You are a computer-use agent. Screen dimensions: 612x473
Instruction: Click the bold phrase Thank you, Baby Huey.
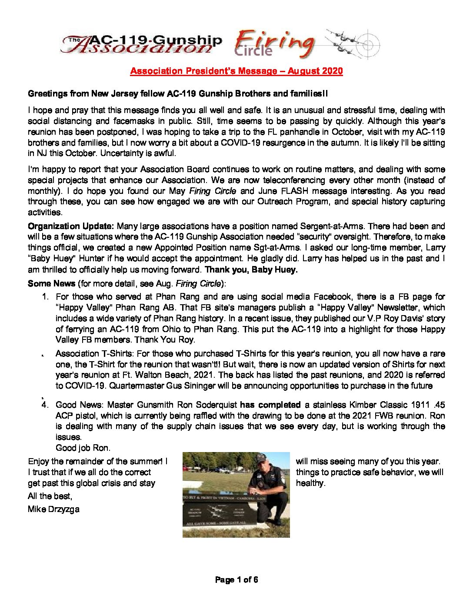pos(251,269)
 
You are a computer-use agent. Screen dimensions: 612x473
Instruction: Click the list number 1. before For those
pos(45,297)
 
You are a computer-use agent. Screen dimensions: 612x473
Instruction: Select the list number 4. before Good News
pos(45,405)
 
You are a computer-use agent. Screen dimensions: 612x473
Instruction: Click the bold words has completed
pos(270,405)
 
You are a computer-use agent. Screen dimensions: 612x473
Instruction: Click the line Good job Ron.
pos(83,448)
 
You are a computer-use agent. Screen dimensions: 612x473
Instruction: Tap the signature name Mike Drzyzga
pos(53,509)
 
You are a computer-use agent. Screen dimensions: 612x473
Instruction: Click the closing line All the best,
pos(50,496)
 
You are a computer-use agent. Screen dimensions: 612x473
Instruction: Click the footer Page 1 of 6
pos(236,579)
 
